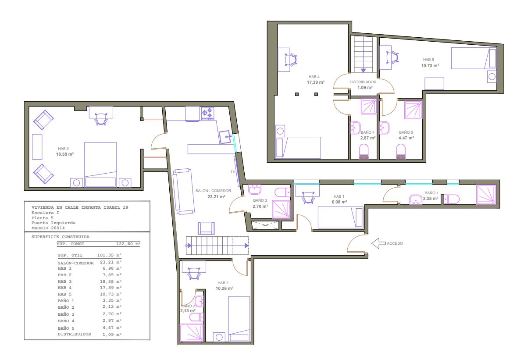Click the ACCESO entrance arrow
[x=378, y=243]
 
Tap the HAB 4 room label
[x=314, y=77]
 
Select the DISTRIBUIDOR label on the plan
[x=363, y=82]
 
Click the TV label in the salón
[x=232, y=172]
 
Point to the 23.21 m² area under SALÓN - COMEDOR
[x=216, y=196]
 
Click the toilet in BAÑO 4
[x=364, y=152]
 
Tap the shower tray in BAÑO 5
[x=413, y=110]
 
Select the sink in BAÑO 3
[x=255, y=189]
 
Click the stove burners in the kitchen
[x=207, y=114]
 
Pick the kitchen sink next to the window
[x=225, y=137]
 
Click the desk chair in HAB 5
[x=392, y=57]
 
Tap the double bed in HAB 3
[x=100, y=164]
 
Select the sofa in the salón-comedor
[x=183, y=191]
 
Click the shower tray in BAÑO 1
[x=486, y=195]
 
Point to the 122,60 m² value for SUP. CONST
[x=128, y=244]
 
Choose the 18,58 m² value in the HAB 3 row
[x=111, y=282]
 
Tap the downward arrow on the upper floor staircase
[x=363, y=70]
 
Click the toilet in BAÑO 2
[x=196, y=317]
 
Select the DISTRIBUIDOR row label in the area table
[x=74, y=334]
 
